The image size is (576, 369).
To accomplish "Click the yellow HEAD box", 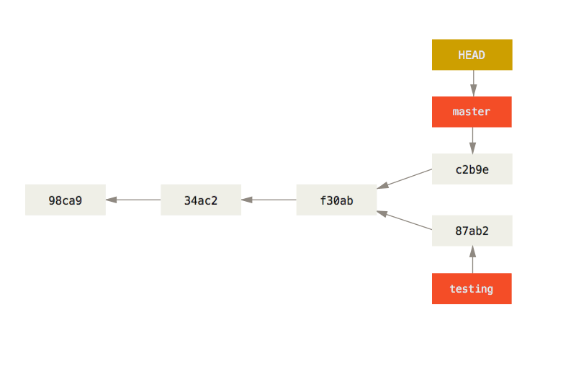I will point(472,55).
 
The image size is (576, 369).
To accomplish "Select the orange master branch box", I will point(472,112).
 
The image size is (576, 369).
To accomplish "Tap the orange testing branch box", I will point(472,289).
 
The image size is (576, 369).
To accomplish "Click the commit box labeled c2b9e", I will point(472,169).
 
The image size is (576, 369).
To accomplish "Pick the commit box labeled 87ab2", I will point(472,231).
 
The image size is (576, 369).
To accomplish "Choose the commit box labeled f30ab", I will point(336,200).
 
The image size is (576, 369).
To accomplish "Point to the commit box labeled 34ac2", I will point(201,200).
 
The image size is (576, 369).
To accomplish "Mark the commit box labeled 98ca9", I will point(66,200).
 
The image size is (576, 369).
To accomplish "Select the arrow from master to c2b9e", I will point(473,139).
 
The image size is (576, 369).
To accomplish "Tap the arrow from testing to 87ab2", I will point(473,261).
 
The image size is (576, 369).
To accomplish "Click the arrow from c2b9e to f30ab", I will point(405,179).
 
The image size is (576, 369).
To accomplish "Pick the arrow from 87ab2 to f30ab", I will point(405,221).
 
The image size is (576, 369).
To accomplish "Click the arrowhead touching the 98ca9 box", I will point(112,200).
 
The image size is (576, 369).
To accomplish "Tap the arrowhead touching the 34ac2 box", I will point(247,200).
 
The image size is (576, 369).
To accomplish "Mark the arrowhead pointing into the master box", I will point(473,91).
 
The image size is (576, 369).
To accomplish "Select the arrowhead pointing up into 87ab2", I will point(473,252).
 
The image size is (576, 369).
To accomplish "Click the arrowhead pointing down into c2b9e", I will point(473,148).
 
